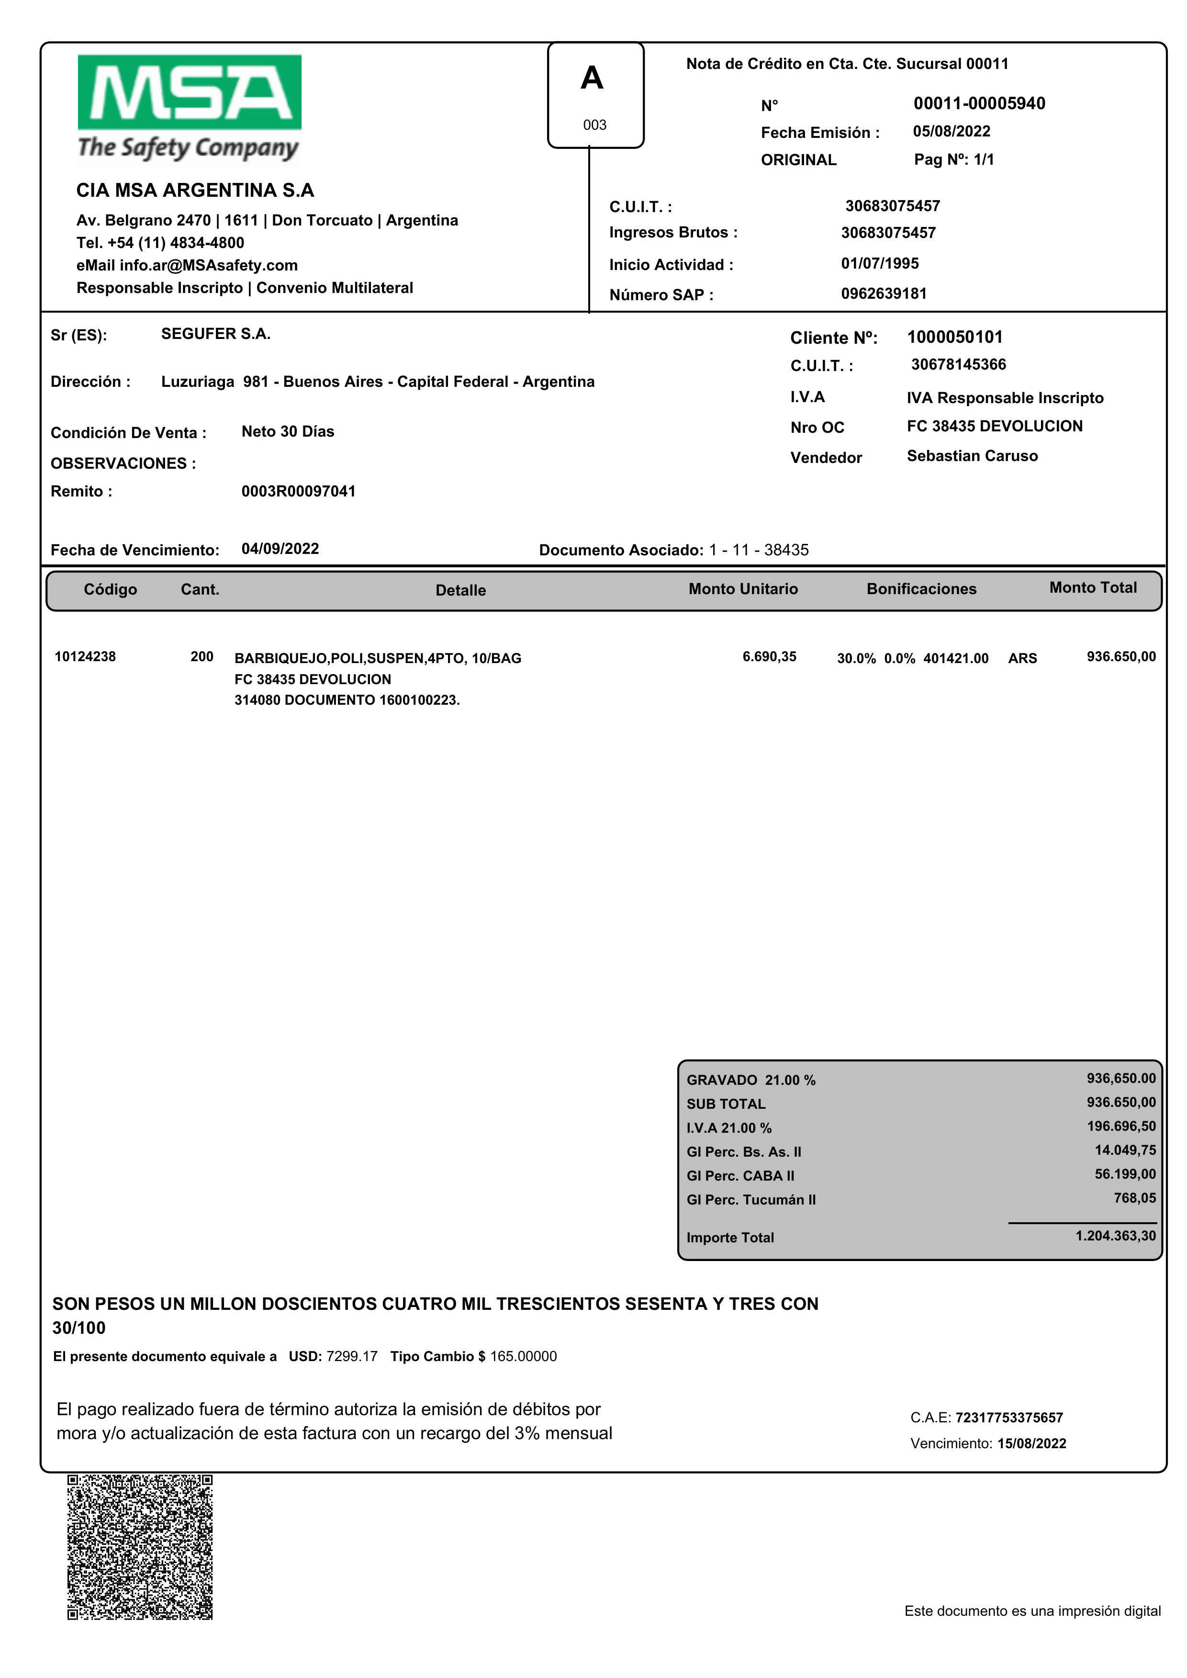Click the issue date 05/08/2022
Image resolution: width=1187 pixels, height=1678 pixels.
(951, 132)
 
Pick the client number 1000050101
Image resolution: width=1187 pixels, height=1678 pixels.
(954, 337)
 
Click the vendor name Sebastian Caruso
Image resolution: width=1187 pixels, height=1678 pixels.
(972, 456)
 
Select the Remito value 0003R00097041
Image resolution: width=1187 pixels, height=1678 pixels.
(298, 491)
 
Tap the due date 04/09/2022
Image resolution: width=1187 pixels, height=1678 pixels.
(280, 549)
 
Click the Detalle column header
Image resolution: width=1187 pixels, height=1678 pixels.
(460, 590)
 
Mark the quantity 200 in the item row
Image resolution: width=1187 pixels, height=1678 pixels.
(202, 656)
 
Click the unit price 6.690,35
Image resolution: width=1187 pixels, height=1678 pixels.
(769, 656)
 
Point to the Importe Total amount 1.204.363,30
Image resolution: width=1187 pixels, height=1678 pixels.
(1115, 1236)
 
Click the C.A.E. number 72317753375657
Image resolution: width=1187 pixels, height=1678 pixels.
(1008, 1418)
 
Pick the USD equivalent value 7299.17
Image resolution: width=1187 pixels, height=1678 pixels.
(352, 1356)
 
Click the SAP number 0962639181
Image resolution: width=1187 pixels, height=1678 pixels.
(884, 294)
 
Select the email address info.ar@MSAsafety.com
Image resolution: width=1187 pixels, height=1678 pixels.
(208, 265)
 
